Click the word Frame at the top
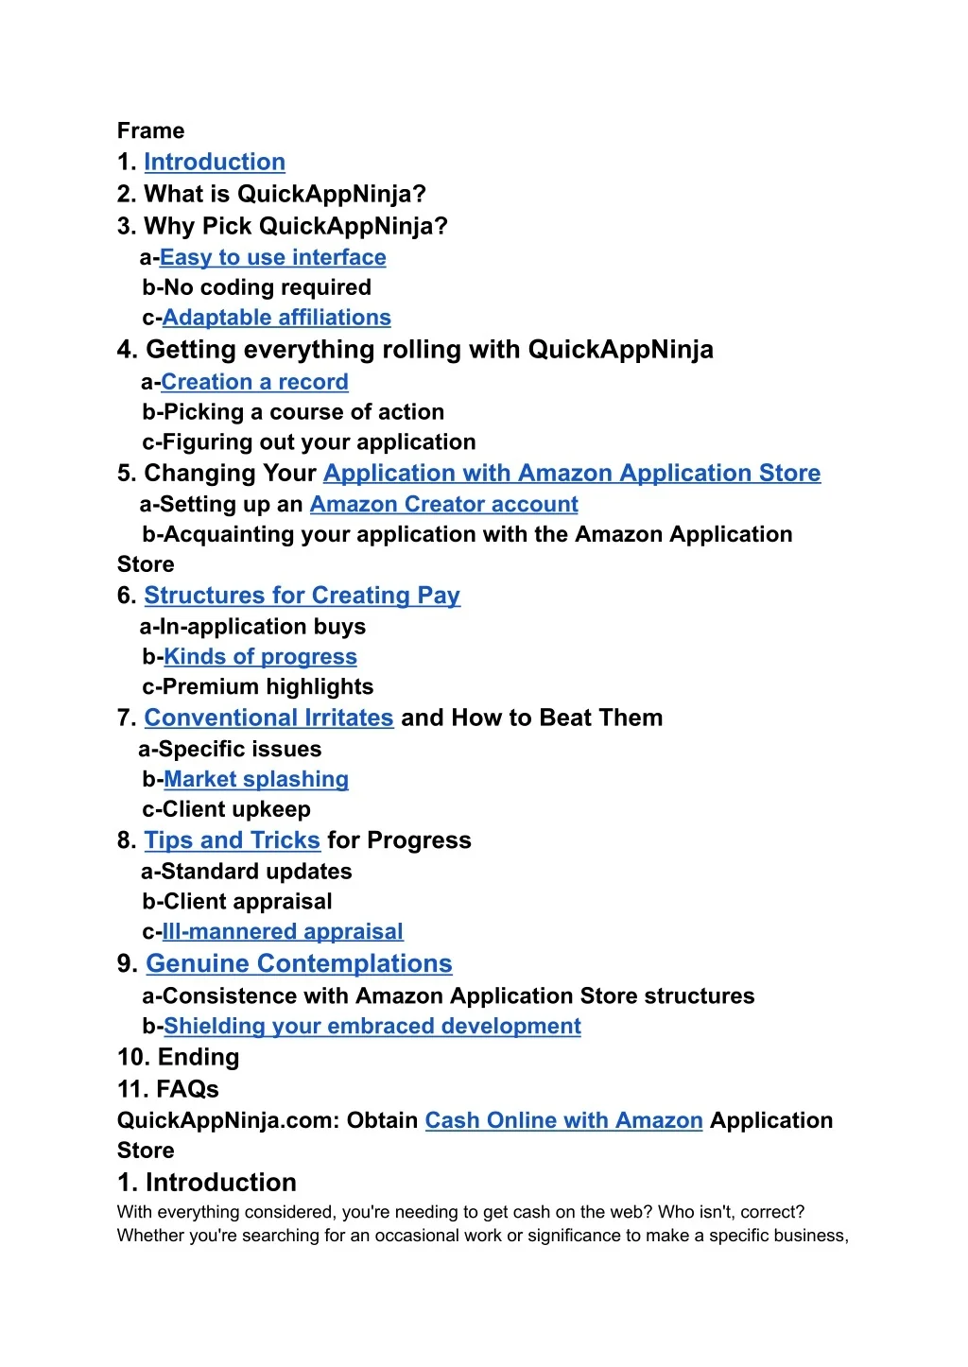click(x=150, y=130)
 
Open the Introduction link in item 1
click(x=214, y=162)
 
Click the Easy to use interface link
click(x=272, y=257)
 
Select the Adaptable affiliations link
click(x=276, y=318)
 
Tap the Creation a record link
click(x=254, y=382)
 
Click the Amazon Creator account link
click(x=443, y=504)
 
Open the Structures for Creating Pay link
click(x=302, y=596)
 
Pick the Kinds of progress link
click(x=260, y=656)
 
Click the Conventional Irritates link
click(x=268, y=718)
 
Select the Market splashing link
click(x=256, y=779)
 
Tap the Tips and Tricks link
click(x=232, y=840)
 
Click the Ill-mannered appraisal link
click(x=283, y=931)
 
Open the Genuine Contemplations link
click(x=299, y=963)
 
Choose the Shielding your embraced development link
click(x=372, y=1026)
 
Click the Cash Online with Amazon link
click(x=563, y=1120)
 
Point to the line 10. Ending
click(x=178, y=1057)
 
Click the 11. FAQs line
click(x=167, y=1089)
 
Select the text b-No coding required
click(x=256, y=287)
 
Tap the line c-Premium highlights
click(x=257, y=686)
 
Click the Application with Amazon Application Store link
click(x=572, y=473)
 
